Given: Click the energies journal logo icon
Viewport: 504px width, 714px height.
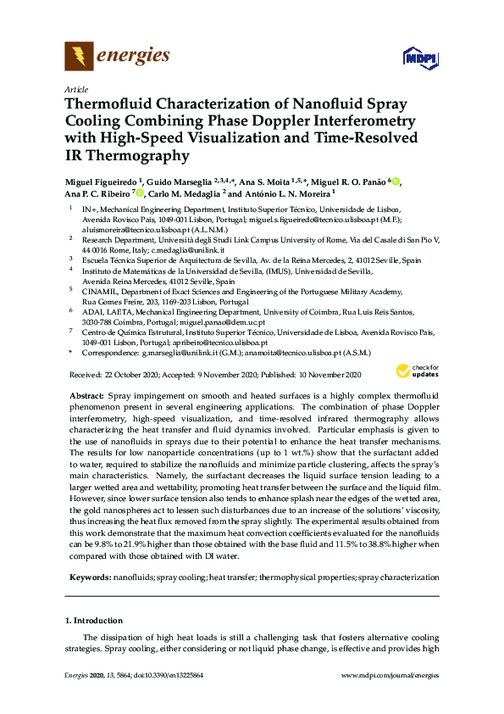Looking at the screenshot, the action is pos(79,57).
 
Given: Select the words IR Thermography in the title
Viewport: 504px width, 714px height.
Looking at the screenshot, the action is pos(127,156).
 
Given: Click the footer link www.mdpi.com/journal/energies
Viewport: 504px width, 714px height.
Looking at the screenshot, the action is pos(388,698).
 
